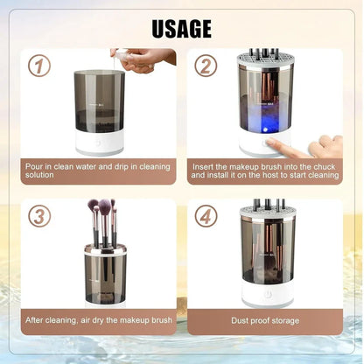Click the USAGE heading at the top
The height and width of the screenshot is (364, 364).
(x=182, y=28)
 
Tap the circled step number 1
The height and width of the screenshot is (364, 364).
(x=38, y=66)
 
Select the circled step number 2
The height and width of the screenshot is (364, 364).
(x=206, y=66)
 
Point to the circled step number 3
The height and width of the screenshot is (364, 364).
(x=38, y=215)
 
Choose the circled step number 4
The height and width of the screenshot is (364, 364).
(x=206, y=215)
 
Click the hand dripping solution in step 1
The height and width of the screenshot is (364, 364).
(x=145, y=59)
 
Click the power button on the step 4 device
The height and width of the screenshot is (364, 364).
(x=267, y=295)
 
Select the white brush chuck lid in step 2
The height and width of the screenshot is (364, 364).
(x=266, y=62)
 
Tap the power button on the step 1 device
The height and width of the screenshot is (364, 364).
(x=98, y=143)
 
